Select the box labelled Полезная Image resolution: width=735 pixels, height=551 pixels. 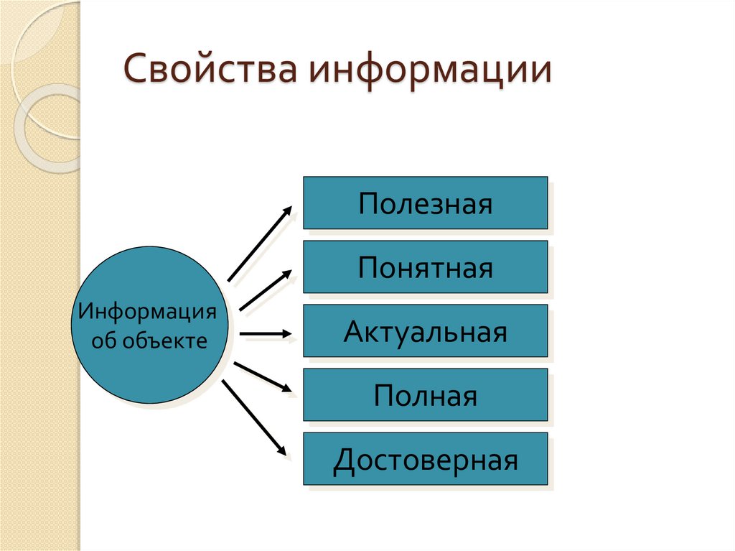(426, 203)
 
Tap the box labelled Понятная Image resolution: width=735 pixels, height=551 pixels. (426, 267)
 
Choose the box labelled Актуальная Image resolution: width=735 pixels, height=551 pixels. (426, 331)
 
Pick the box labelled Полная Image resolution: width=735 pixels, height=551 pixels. (426, 395)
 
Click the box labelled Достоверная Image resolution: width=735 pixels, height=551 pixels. (426, 459)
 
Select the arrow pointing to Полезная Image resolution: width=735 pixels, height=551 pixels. (259, 244)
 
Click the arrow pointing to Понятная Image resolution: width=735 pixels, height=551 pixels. (265, 290)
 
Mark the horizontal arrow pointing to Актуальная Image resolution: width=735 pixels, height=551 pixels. (265, 334)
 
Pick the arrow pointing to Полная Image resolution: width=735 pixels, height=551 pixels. (263, 376)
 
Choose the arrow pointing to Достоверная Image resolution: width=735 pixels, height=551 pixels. (255, 417)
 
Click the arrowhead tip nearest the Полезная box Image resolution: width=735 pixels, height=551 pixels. (291, 208)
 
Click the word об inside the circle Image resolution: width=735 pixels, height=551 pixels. (106, 341)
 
